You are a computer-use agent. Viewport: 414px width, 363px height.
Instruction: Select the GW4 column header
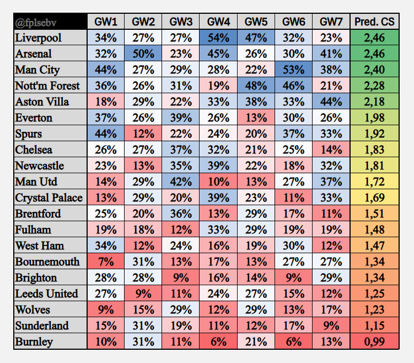pos(218,23)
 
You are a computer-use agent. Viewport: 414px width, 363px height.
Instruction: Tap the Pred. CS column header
pos(374,23)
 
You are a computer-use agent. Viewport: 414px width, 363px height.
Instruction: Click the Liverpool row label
pos(39,39)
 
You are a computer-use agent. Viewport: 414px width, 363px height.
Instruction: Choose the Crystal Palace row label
pos(49,198)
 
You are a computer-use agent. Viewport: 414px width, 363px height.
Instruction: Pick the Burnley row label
pos(34,341)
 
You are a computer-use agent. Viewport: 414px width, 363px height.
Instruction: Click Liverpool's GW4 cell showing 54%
pos(218,39)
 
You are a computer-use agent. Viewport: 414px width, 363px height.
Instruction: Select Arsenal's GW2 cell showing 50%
pos(143,54)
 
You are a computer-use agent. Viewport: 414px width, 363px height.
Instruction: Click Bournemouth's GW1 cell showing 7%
pos(106,262)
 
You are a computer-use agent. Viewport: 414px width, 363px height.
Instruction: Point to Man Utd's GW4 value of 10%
pos(218,182)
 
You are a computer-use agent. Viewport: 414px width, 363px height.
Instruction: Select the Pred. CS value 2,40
pos(374,70)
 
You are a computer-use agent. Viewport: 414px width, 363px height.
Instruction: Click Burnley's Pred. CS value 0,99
pos(374,341)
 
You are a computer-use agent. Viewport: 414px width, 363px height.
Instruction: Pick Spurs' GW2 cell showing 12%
pos(143,134)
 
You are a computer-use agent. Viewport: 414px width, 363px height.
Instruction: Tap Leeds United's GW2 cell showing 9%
pos(143,293)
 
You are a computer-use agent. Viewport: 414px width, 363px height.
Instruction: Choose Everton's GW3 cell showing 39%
pos(181,118)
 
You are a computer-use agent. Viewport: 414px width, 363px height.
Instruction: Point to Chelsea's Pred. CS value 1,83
pos(374,150)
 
